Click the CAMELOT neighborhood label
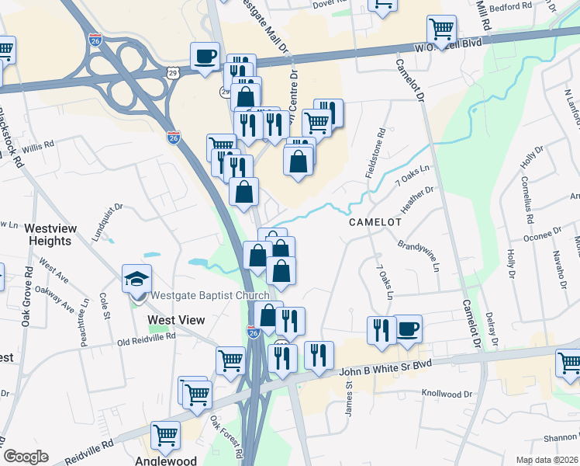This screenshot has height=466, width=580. tap(375, 221)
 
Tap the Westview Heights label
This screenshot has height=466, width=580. tap(48, 235)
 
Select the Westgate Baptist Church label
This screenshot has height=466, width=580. tap(210, 295)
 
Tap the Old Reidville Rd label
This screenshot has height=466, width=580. tap(146, 338)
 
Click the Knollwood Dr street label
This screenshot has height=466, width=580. tap(446, 394)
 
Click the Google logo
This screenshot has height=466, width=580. tap(26, 457)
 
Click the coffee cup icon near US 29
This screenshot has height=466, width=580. tap(205, 56)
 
